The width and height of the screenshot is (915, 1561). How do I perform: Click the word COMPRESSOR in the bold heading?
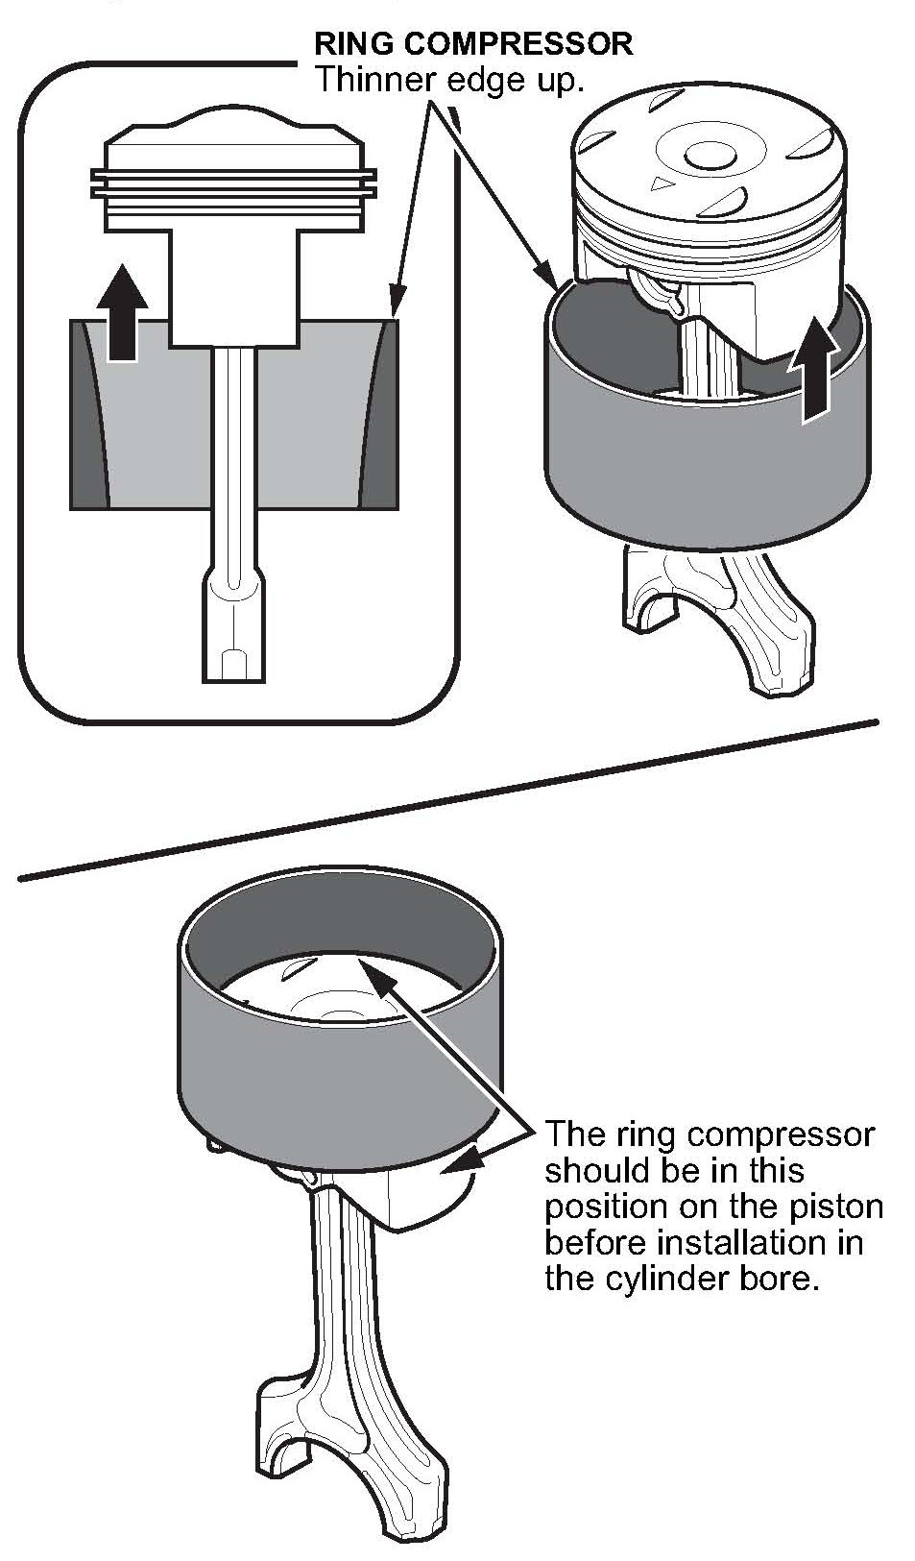[518, 44]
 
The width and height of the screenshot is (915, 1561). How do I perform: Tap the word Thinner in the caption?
[376, 80]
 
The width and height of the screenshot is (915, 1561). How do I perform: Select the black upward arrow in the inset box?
[123, 312]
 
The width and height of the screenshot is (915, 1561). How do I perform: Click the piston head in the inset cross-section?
[234, 178]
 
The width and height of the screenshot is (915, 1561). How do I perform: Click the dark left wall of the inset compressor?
[88, 414]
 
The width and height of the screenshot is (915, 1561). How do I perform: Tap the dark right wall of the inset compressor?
[380, 414]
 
